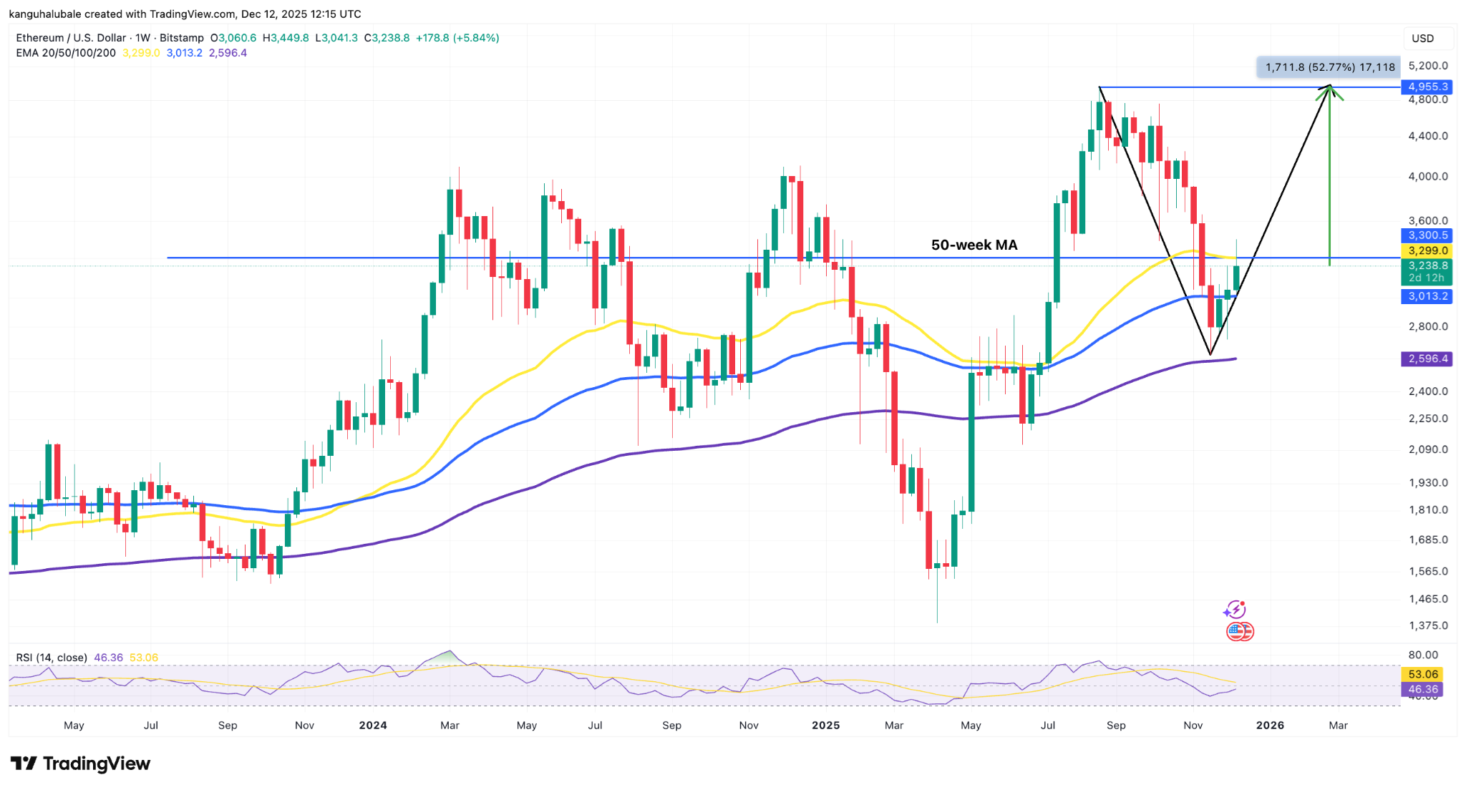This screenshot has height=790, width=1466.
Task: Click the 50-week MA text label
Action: tap(974, 245)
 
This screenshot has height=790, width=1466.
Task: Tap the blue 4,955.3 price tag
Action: tap(1427, 87)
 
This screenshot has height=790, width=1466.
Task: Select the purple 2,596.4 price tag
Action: tap(1426, 359)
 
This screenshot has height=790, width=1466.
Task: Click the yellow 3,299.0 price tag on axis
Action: tap(1427, 250)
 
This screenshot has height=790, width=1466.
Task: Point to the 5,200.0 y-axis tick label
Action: tap(1427, 66)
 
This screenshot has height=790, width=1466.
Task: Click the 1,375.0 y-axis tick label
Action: tap(1427, 625)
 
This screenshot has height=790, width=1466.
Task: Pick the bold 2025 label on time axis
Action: tap(825, 725)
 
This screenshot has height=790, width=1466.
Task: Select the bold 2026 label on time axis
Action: tap(1270, 725)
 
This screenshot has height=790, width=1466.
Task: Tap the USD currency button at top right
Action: tap(1422, 38)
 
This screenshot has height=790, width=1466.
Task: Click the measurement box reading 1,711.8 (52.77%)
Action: tap(1329, 67)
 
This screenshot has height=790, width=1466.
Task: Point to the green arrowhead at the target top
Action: tap(1329, 89)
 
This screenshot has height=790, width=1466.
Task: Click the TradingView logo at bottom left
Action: tap(80, 764)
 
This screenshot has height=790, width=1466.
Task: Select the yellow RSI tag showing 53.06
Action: tap(1422, 674)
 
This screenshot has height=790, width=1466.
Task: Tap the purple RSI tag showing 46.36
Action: tap(1422, 689)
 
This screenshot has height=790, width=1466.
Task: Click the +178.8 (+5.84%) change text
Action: tap(457, 38)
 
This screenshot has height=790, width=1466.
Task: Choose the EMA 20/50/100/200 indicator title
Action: tap(66, 53)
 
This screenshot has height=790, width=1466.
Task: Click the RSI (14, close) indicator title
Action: tap(52, 657)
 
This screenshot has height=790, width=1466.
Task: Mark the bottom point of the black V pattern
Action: tap(1210, 353)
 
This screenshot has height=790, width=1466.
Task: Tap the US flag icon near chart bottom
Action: tap(1239, 631)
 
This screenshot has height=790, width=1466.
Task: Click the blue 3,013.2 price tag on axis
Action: tap(1427, 296)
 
